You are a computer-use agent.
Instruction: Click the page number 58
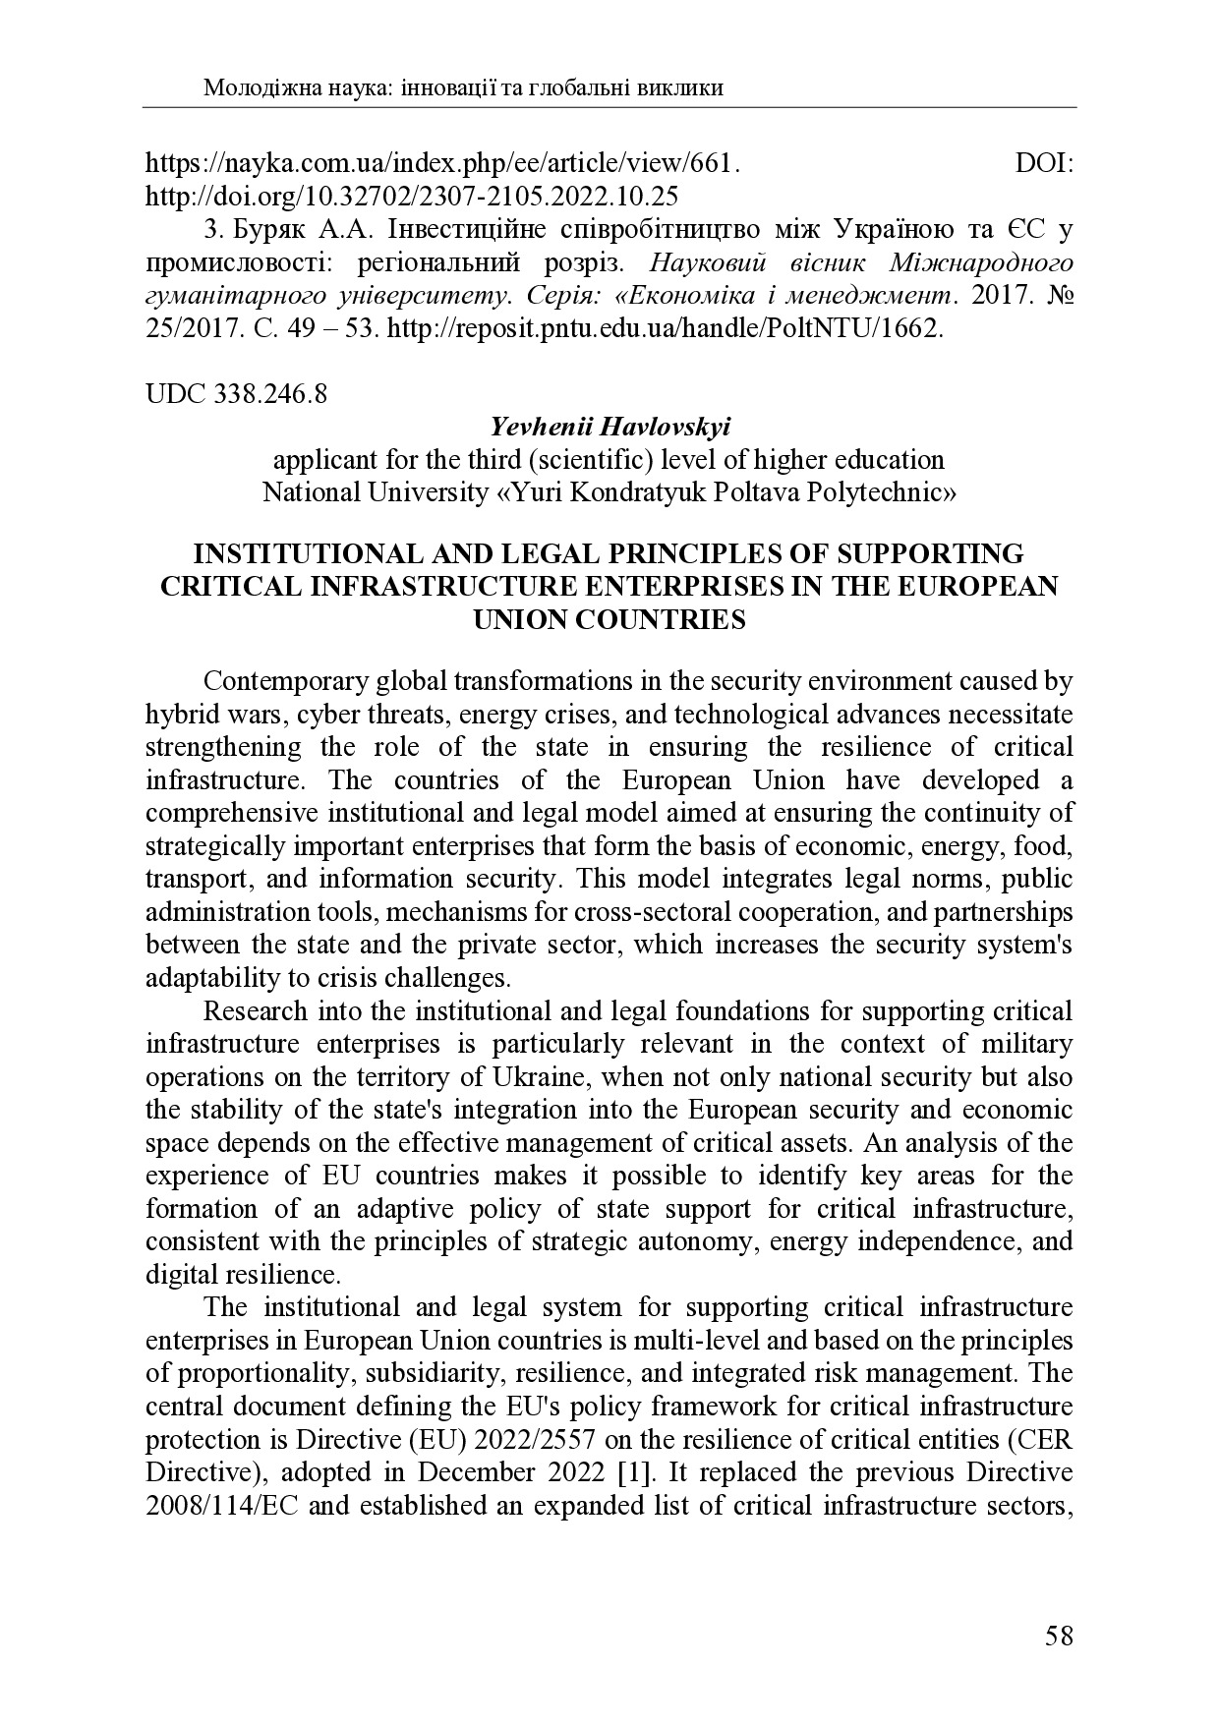coord(1059,1636)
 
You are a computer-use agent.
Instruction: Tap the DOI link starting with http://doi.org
coord(412,197)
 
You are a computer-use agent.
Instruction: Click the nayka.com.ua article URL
coord(442,163)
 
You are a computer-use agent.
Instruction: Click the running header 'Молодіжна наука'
coord(463,88)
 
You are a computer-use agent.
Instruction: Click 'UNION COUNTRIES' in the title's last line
coord(609,620)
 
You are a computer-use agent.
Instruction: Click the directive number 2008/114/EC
coord(225,1506)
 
